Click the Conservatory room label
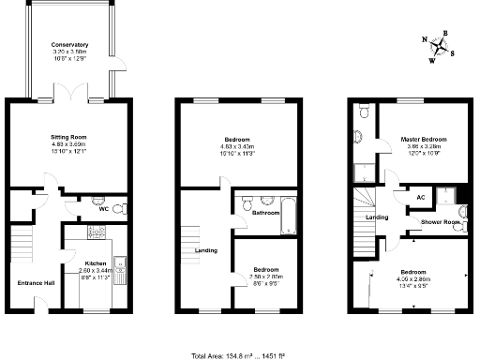pyautogui.click(x=70, y=44)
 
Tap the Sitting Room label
pyautogui.click(x=68, y=137)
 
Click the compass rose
pyautogui.click(x=442, y=46)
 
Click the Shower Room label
pyautogui.click(x=440, y=222)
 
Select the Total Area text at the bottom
pyautogui.click(x=239, y=355)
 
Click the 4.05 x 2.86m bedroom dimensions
pyautogui.click(x=417, y=278)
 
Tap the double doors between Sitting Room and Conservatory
pyautogui.click(x=69, y=98)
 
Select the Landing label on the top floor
pyautogui.click(x=377, y=217)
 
